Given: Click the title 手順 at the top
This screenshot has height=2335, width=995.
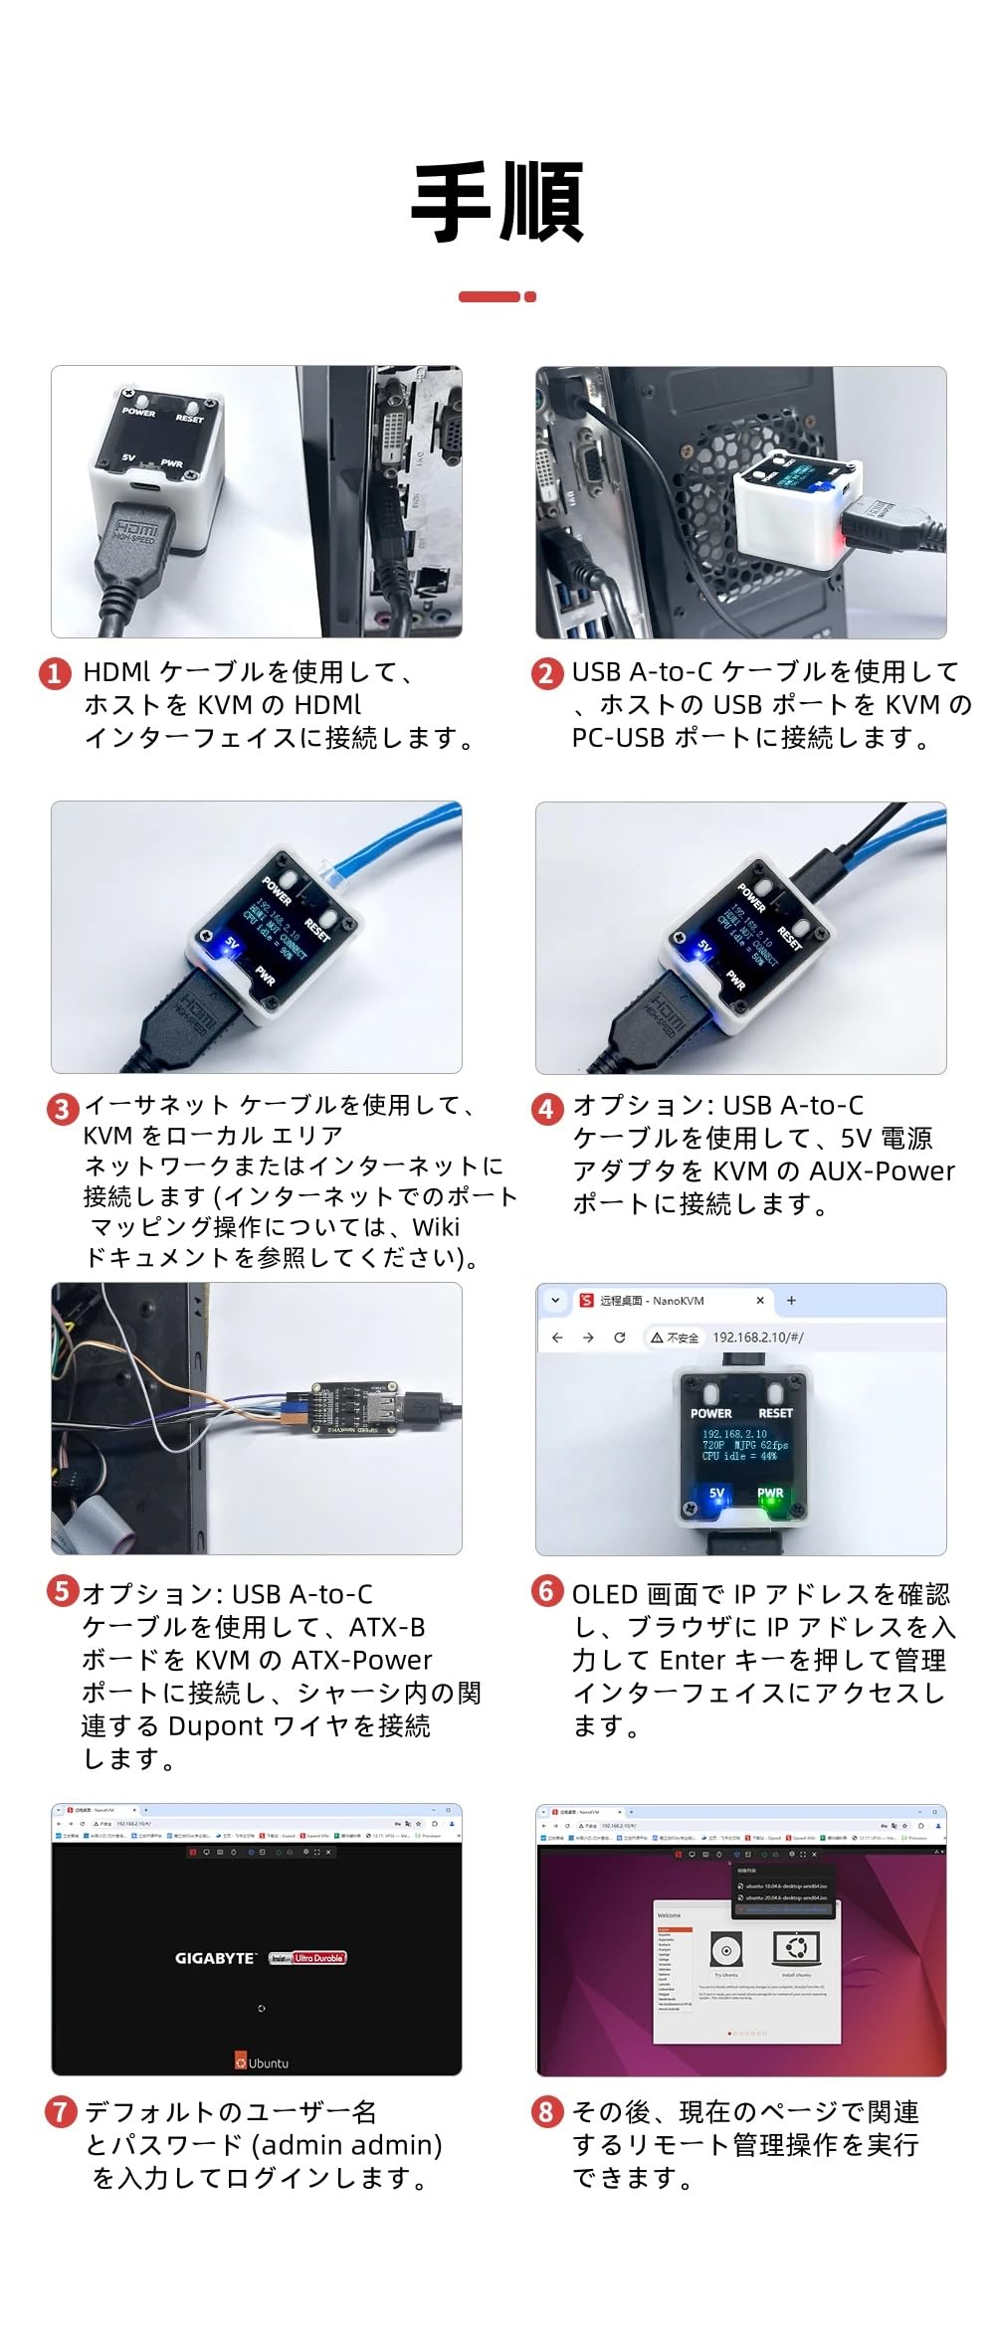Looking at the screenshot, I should tap(497, 203).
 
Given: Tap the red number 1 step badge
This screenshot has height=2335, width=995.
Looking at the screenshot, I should tap(56, 673).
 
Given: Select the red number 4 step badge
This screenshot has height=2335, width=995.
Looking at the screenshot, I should tap(546, 1108).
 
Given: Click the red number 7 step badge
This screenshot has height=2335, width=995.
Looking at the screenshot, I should tap(61, 2111).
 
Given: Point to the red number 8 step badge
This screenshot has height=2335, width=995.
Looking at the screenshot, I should tap(546, 2111).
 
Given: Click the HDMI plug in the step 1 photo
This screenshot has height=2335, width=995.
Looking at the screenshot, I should tap(134, 553).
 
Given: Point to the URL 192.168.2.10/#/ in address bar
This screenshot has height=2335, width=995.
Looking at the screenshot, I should tap(757, 1338).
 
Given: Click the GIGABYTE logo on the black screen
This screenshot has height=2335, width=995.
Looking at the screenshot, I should tap(215, 1958).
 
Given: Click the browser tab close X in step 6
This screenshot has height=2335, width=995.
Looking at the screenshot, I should tap(760, 1300).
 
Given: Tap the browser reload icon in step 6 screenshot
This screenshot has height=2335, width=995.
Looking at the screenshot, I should tap(620, 1338).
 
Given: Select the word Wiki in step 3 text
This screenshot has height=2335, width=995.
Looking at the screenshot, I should tap(436, 1226).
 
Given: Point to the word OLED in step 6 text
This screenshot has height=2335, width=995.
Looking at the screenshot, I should tap(604, 1594).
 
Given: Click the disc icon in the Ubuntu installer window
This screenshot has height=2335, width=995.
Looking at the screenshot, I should tap(725, 1950).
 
